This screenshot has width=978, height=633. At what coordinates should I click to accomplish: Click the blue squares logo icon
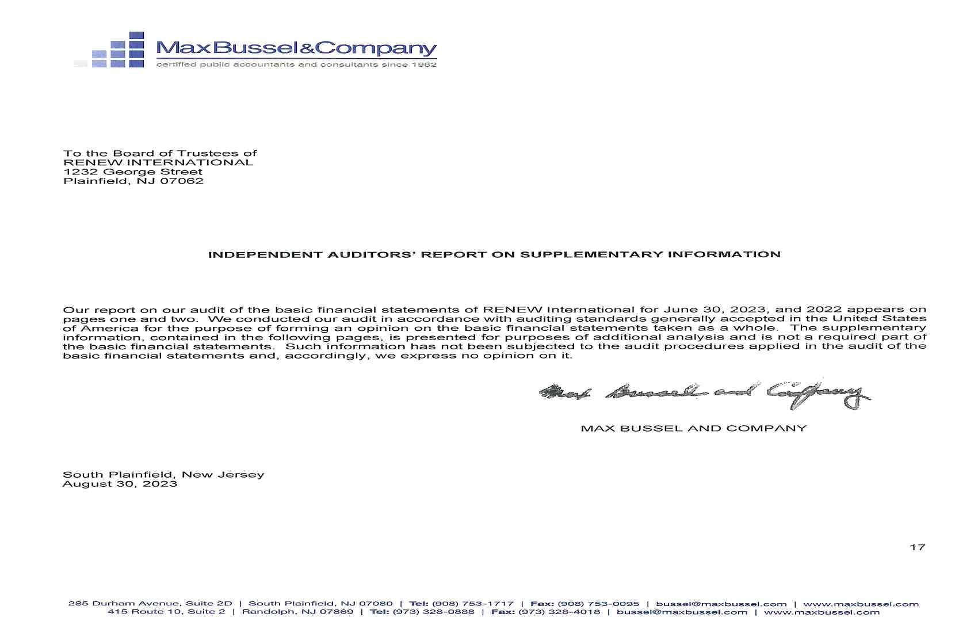coord(118,50)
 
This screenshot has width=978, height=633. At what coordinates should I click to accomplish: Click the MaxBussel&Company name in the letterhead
coord(296,48)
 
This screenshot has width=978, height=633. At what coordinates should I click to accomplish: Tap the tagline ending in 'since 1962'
coord(296,64)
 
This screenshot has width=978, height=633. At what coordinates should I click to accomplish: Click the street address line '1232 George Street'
coord(133,172)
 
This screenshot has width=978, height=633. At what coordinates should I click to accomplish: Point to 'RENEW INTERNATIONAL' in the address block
coord(158,163)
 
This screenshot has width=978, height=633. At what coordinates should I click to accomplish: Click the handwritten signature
coord(705,394)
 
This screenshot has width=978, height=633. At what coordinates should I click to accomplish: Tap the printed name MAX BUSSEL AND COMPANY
coord(694,429)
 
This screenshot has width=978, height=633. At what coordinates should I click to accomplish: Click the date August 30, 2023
coord(120,484)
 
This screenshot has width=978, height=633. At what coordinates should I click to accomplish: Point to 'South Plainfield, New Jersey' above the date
coord(163,475)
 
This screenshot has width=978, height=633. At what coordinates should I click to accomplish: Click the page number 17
coord(917,547)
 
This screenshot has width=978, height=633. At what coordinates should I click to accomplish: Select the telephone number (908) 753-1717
coord(472,604)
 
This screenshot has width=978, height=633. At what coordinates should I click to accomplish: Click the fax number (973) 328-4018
coord(559,612)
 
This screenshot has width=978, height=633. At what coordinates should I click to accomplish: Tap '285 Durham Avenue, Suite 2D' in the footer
coord(150,604)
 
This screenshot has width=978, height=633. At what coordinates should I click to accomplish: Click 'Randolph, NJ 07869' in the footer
coord(297,612)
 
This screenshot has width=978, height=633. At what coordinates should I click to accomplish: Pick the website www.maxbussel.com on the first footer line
coord(861,604)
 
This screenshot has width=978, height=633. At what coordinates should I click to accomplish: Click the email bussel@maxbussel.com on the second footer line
coord(682,612)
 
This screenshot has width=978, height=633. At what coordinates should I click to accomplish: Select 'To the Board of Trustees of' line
coord(160,154)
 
